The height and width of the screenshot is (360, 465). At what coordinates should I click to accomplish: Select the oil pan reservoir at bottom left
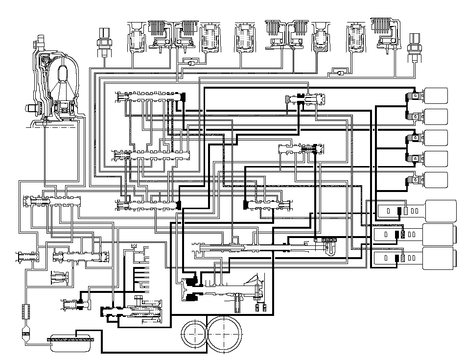point(71,341)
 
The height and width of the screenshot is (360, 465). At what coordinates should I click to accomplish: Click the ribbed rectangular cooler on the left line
point(26,311)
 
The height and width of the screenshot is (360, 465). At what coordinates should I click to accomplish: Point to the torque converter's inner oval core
point(63,76)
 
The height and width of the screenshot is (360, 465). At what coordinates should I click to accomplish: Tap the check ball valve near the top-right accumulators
point(339,72)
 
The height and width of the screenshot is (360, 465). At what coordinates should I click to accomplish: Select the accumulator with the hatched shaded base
point(322,39)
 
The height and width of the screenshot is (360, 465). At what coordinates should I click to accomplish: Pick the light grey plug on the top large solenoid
point(406,212)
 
